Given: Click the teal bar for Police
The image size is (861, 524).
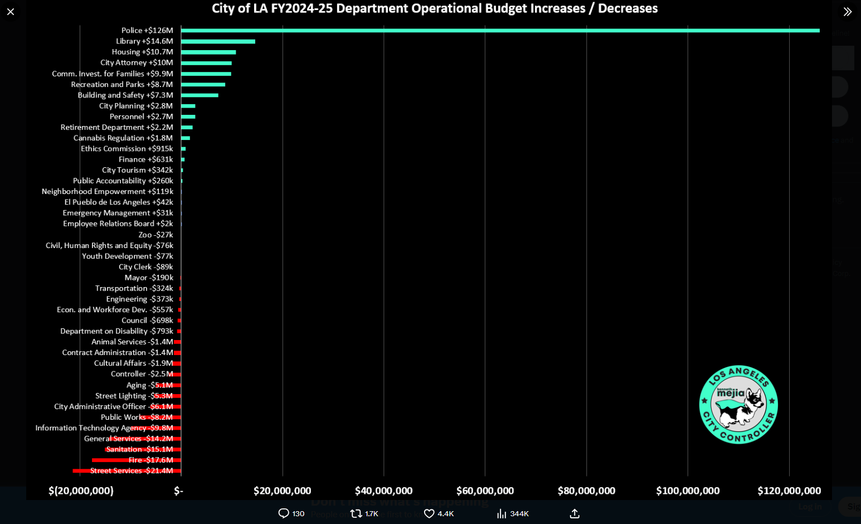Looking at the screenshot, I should point(500,31).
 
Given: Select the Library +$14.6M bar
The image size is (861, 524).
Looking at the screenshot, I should point(218,41).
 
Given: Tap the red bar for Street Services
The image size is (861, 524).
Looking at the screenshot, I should point(127,471).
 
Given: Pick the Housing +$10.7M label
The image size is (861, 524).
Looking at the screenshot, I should point(142,52).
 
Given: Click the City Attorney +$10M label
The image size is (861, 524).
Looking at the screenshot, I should point(137,62).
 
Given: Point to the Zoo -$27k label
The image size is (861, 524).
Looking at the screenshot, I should point(155,235).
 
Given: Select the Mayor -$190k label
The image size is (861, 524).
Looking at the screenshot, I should point(149,278).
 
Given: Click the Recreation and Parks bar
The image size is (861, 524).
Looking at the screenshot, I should point(203,85).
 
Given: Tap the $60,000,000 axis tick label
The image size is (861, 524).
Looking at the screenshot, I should point(485,491).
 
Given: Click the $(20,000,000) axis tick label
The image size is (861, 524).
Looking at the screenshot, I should point(81,491).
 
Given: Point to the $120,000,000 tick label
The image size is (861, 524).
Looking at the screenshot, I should point(789,491).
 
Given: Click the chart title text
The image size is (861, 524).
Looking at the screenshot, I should point(435,8).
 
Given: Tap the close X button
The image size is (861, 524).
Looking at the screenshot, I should point(11,12).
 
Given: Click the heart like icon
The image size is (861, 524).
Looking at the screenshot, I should point(429,513).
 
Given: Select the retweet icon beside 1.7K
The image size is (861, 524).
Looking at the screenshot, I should point(356,513).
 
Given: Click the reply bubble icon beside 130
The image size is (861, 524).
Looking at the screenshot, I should point(284,513).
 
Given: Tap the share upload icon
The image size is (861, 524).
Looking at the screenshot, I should point(575,513).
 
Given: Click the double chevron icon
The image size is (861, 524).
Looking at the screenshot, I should point(847,12).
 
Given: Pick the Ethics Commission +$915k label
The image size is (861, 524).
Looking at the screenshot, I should point(127,149).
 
